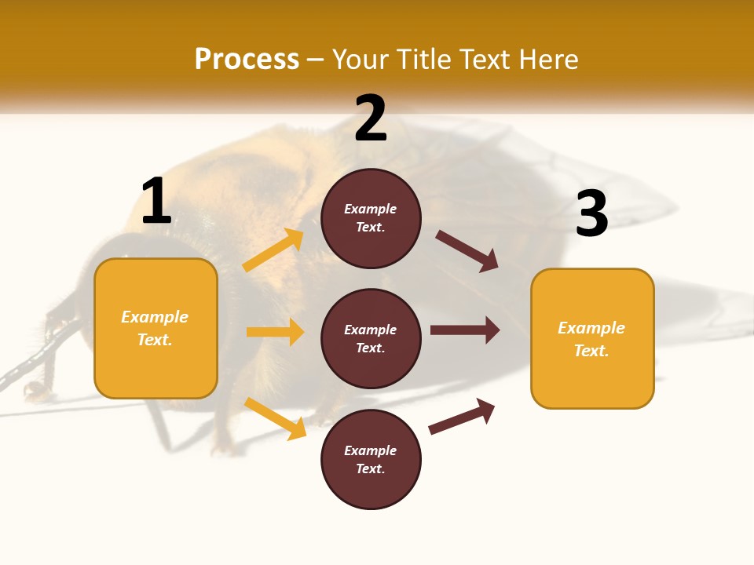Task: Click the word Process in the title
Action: click(x=247, y=59)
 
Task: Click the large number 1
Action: click(x=156, y=201)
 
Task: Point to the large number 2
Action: click(x=371, y=118)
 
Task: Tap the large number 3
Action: click(x=591, y=213)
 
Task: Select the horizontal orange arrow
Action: click(x=275, y=332)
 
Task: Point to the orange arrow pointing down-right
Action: click(x=275, y=418)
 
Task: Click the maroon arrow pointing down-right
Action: click(x=467, y=250)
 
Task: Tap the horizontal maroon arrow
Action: click(x=465, y=330)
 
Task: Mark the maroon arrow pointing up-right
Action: click(x=462, y=417)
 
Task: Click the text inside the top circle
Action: click(x=371, y=218)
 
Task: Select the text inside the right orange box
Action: click(x=591, y=339)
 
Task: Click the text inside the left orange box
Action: click(x=155, y=328)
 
